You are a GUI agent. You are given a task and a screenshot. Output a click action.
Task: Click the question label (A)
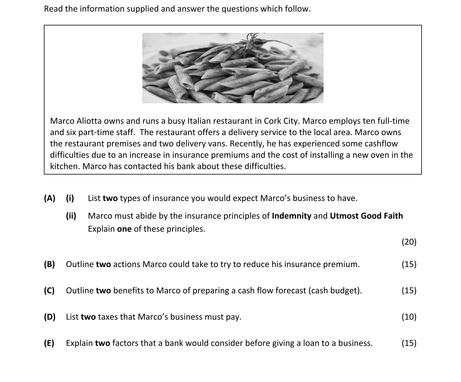49,198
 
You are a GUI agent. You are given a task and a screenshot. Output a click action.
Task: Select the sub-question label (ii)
71,216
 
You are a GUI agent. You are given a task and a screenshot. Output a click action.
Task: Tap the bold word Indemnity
291,216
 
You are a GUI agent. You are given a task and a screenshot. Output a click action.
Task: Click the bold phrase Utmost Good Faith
366,216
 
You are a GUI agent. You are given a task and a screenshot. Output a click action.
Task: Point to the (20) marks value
409,242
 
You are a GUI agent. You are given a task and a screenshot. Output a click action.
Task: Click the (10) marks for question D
409,317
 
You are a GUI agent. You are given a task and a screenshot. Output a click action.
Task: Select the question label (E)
49,343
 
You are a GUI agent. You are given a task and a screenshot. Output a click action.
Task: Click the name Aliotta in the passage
88,121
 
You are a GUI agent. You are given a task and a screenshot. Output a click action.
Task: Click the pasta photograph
233,68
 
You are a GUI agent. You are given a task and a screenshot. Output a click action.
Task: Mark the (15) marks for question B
409,264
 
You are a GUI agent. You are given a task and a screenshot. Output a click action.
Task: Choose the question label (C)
49,291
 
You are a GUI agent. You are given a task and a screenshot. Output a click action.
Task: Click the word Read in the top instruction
53,9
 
